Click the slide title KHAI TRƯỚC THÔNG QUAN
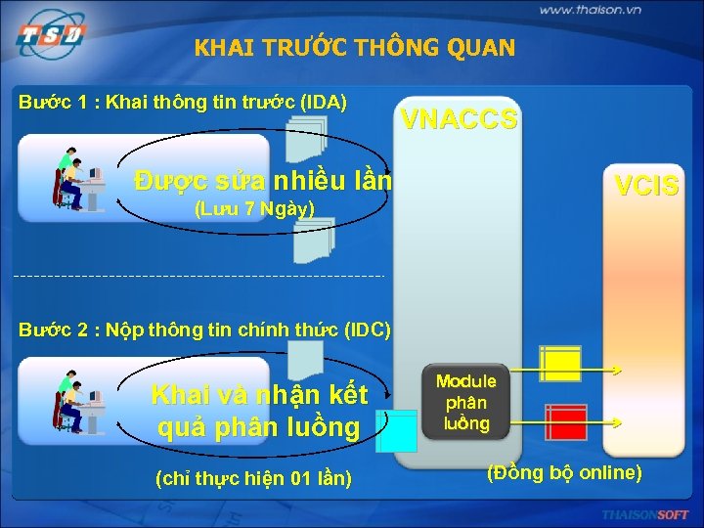pos(354,48)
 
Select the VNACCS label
pos(460,120)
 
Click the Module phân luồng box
pos(465,402)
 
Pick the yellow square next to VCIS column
pos(561,365)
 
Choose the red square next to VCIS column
pos(565,421)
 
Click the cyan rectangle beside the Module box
pos(397,431)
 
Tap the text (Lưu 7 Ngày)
pos(254,208)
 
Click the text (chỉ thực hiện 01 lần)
pos(254,478)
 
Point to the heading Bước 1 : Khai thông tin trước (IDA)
pos(184,102)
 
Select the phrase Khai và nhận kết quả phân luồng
pos(259,411)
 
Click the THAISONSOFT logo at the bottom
pos(645,514)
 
